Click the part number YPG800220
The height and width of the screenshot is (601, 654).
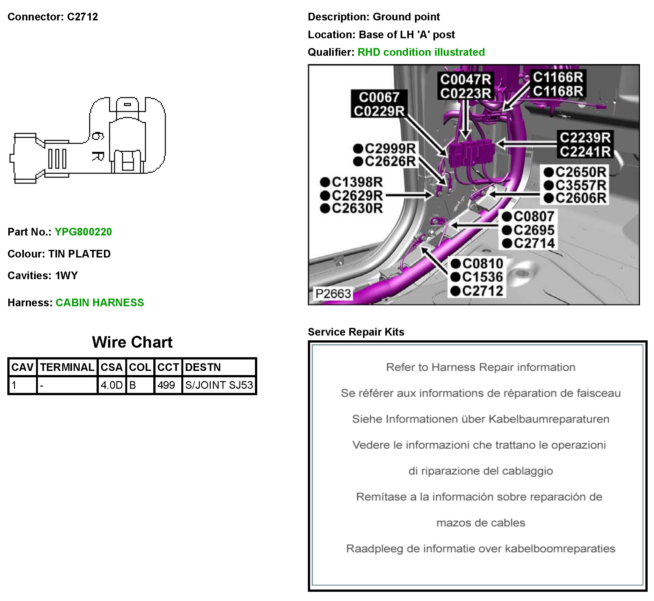point(83,232)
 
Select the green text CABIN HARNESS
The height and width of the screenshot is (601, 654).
point(99,302)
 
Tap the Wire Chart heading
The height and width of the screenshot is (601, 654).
point(132,342)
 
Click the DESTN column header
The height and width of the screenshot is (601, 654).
point(203,367)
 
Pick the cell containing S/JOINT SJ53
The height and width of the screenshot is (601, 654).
point(219,385)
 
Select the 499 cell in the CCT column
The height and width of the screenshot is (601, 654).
point(166,385)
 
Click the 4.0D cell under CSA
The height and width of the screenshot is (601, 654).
point(112,385)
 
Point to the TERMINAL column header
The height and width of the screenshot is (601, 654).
point(67,367)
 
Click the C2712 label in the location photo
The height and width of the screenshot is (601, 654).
point(483,291)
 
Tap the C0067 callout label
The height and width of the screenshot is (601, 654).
point(379,97)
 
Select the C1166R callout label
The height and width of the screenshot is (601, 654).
point(558,77)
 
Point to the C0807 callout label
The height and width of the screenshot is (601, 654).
point(534,217)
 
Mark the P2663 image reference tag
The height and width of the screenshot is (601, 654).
point(333,294)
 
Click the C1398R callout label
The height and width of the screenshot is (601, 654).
point(357,182)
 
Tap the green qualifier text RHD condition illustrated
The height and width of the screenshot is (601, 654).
point(421,52)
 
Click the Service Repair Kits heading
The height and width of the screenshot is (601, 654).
point(356,332)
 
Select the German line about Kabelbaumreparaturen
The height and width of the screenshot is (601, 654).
point(480,419)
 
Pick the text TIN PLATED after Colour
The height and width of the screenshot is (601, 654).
point(79,254)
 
